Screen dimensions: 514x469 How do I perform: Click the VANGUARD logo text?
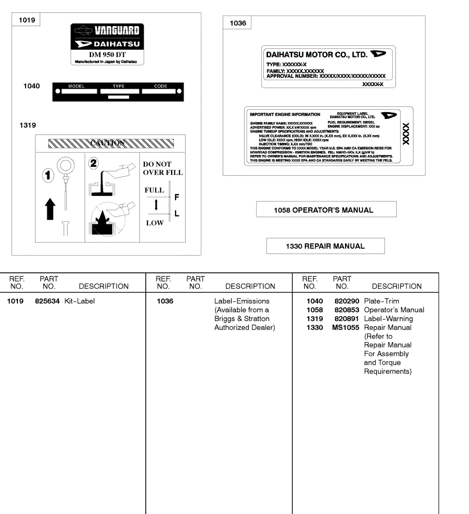pyautogui.click(x=117, y=30)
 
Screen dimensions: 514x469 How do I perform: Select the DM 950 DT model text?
pyautogui.click(x=107, y=55)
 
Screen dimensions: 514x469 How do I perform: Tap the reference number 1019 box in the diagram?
pyautogui.click(x=27, y=20)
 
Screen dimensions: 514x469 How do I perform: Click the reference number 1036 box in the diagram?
pyautogui.click(x=238, y=23)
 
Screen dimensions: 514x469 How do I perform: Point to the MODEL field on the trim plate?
pyautogui.click(x=77, y=89)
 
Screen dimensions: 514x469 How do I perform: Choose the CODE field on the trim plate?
pyautogui.click(x=161, y=89)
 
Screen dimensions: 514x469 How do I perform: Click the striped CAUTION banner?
pyautogui.click(x=111, y=143)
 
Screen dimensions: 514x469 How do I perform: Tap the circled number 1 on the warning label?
pyautogui.click(x=48, y=175)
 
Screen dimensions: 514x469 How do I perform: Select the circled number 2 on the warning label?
pyautogui.click(x=93, y=163)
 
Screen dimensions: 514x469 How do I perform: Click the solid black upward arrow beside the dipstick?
pyautogui.click(x=50, y=209)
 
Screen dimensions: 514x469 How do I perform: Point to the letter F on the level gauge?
pyautogui.click(x=177, y=197)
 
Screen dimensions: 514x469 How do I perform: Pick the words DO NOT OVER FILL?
pyautogui.click(x=162, y=168)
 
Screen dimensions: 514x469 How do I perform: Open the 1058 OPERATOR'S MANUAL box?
pyautogui.click(x=326, y=210)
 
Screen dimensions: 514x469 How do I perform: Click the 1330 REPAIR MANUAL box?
pyautogui.click(x=325, y=246)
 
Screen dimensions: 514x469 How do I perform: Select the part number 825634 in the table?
pyautogui.click(x=47, y=301)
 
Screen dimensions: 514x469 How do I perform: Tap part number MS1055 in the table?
pyautogui.click(x=345, y=328)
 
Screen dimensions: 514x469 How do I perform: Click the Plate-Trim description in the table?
pyautogui.click(x=381, y=301)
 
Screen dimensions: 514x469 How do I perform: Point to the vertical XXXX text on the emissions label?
pyautogui.click(x=406, y=134)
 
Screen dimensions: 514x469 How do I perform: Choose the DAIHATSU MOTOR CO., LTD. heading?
pyautogui.click(x=316, y=55)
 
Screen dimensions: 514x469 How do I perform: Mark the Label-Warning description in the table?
pyautogui.click(x=388, y=319)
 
